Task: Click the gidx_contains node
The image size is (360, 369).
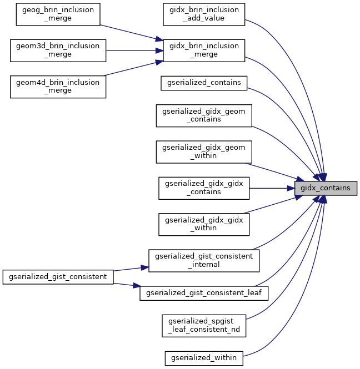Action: pos(325,188)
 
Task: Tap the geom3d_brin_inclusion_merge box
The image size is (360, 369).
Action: pos(58,51)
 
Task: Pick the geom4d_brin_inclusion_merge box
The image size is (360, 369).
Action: pos(58,87)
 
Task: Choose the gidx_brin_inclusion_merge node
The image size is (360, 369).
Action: pos(203,51)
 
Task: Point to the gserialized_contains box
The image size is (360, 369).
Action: pos(204,83)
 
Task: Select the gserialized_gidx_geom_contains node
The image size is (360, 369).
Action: pos(204,115)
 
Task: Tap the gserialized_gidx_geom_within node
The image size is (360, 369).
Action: pos(204,151)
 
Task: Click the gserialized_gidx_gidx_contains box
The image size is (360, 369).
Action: pos(204,188)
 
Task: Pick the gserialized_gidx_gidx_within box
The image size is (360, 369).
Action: pos(204,224)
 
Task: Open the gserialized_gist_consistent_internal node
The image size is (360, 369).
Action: pos(204,260)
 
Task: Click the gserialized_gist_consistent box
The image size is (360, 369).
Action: pos(58,276)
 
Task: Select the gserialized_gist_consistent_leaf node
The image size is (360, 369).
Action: pos(204,292)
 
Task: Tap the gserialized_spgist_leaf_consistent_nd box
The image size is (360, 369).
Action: pos(204,325)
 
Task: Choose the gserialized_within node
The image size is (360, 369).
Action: pos(204,358)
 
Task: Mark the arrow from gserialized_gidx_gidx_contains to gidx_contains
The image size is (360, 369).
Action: pos(272,188)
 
